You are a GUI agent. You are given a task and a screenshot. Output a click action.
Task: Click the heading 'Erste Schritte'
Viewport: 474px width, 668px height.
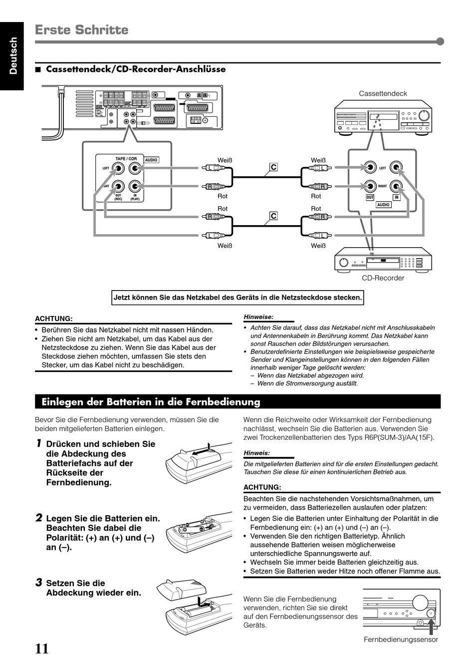[x=82, y=30]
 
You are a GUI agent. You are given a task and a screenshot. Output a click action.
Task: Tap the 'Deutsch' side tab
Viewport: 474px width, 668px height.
[x=12, y=56]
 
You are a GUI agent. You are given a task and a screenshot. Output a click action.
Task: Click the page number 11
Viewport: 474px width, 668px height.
[x=42, y=649]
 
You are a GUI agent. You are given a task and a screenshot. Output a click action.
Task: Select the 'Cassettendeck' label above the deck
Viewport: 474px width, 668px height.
[x=383, y=93]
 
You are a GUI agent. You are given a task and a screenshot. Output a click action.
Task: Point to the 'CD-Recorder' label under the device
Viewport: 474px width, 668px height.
[x=383, y=278]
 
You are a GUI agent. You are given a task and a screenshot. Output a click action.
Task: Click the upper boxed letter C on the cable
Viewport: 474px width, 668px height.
[x=273, y=167]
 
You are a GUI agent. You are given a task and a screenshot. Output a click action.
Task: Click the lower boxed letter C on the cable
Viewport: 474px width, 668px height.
[x=273, y=216]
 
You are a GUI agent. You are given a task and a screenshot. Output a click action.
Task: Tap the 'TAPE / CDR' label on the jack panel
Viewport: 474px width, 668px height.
[x=126, y=159]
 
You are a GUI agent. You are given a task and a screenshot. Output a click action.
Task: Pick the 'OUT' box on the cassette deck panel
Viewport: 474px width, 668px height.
[x=370, y=198]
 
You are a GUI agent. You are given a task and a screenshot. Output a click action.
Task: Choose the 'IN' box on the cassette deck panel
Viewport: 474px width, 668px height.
[x=397, y=198]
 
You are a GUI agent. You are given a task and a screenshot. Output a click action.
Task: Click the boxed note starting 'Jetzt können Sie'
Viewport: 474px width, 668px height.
[x=237, y=298]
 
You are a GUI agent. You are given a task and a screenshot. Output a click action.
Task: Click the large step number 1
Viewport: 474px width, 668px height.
[x=38, y=443]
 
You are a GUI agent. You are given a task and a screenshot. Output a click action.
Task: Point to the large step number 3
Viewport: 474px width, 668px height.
[x=38, y=582]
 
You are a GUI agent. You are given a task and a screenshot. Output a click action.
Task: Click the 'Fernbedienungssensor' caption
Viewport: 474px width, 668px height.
[x=401, y=640]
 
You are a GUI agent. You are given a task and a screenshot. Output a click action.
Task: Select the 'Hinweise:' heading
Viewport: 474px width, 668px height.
[x=258, y=317]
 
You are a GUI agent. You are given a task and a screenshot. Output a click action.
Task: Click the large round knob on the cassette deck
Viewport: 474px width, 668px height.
[x=424, y=116]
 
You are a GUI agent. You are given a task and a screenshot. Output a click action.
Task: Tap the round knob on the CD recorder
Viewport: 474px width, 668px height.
[x=343, y=263]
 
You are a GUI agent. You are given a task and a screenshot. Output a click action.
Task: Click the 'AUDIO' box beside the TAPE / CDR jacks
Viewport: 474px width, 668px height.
[x=151, y=160]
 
